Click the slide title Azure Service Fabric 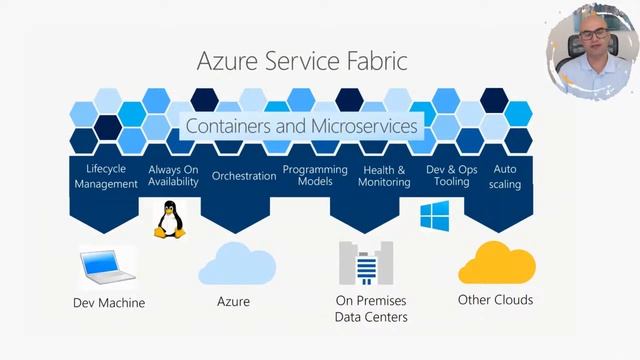coord(302,63)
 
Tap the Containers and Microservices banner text coord(303,127)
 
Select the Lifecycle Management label coord(106,176)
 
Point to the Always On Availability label coord(173,176)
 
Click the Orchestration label coord(244,176)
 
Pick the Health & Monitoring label coord(385,176)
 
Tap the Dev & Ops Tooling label coord(452,176)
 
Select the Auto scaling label coord(506,177)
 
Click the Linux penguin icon coord(169,219)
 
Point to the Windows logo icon coord(433,215)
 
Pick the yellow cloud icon coord(496,262)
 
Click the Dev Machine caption coord(109,303)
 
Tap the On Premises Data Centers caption coord(371,309)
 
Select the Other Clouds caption coord(495,300)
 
